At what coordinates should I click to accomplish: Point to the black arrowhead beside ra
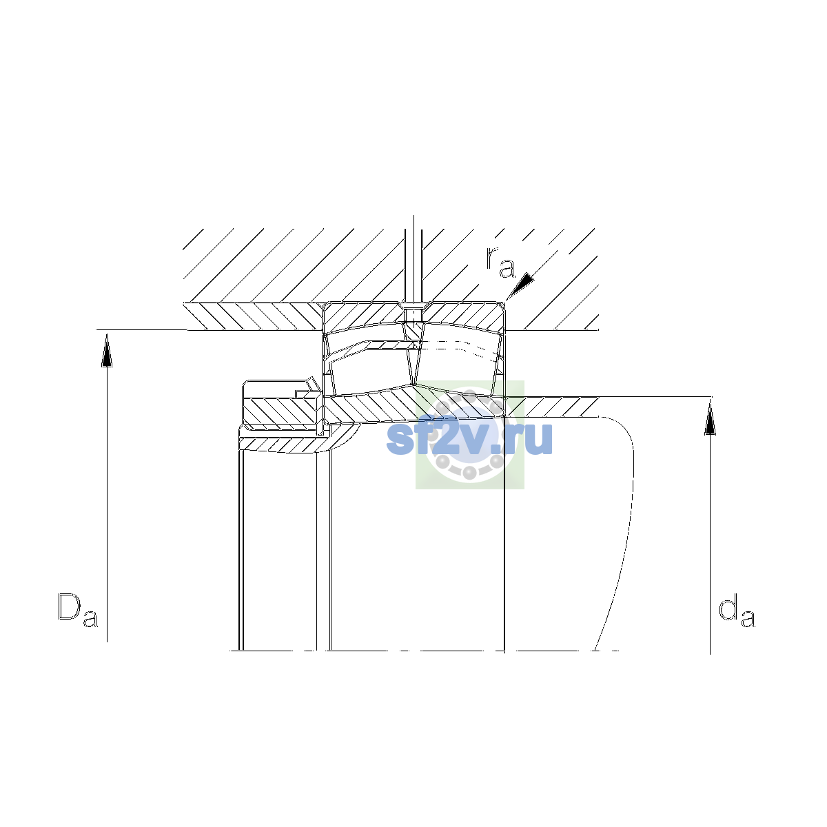tap(521, 285)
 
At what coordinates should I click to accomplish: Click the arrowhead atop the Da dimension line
tap(107, 351)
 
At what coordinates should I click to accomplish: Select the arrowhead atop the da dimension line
tap(711, 418)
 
